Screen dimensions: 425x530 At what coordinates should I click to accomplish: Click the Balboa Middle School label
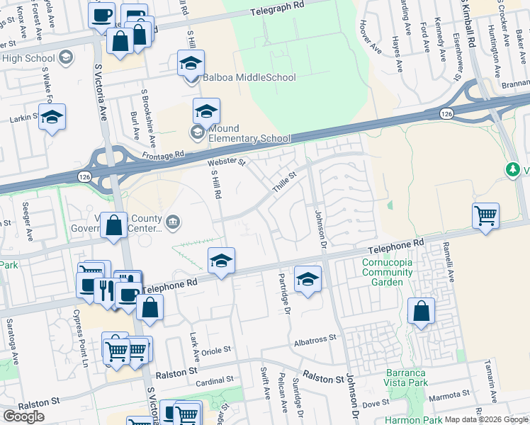pos(249,77)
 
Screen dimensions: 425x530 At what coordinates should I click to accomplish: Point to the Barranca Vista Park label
pos(407,378)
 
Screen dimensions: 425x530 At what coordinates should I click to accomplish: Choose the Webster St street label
pos(227,163)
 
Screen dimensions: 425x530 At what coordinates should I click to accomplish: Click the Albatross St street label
pos(314,340)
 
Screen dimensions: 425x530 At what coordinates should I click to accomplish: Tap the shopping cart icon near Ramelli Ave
pos(485,215)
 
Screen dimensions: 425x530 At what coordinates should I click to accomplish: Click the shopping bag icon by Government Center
pos(113,225)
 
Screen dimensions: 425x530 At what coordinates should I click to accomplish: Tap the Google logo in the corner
pos(23,416)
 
